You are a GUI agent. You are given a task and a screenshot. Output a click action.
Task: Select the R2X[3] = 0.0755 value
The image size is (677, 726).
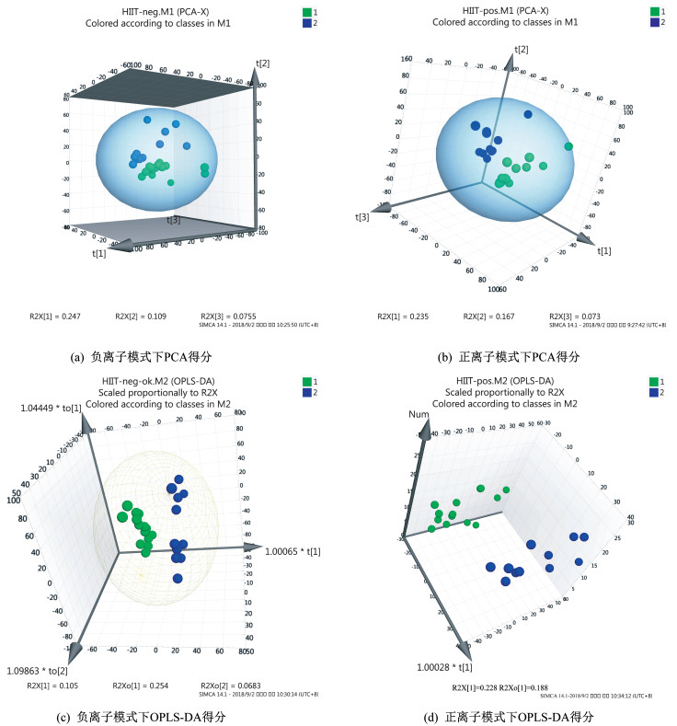pyautogui.click(x=224, y=317)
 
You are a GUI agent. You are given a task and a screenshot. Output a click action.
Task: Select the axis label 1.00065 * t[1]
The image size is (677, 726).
pyautogui.click(x=287, y=550)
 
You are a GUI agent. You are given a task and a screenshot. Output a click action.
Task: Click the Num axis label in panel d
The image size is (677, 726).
pyautogui.click(x=419, y=415)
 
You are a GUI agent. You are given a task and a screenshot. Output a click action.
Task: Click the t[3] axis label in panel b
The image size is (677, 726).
pyautogui.click(x=362, y=216)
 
